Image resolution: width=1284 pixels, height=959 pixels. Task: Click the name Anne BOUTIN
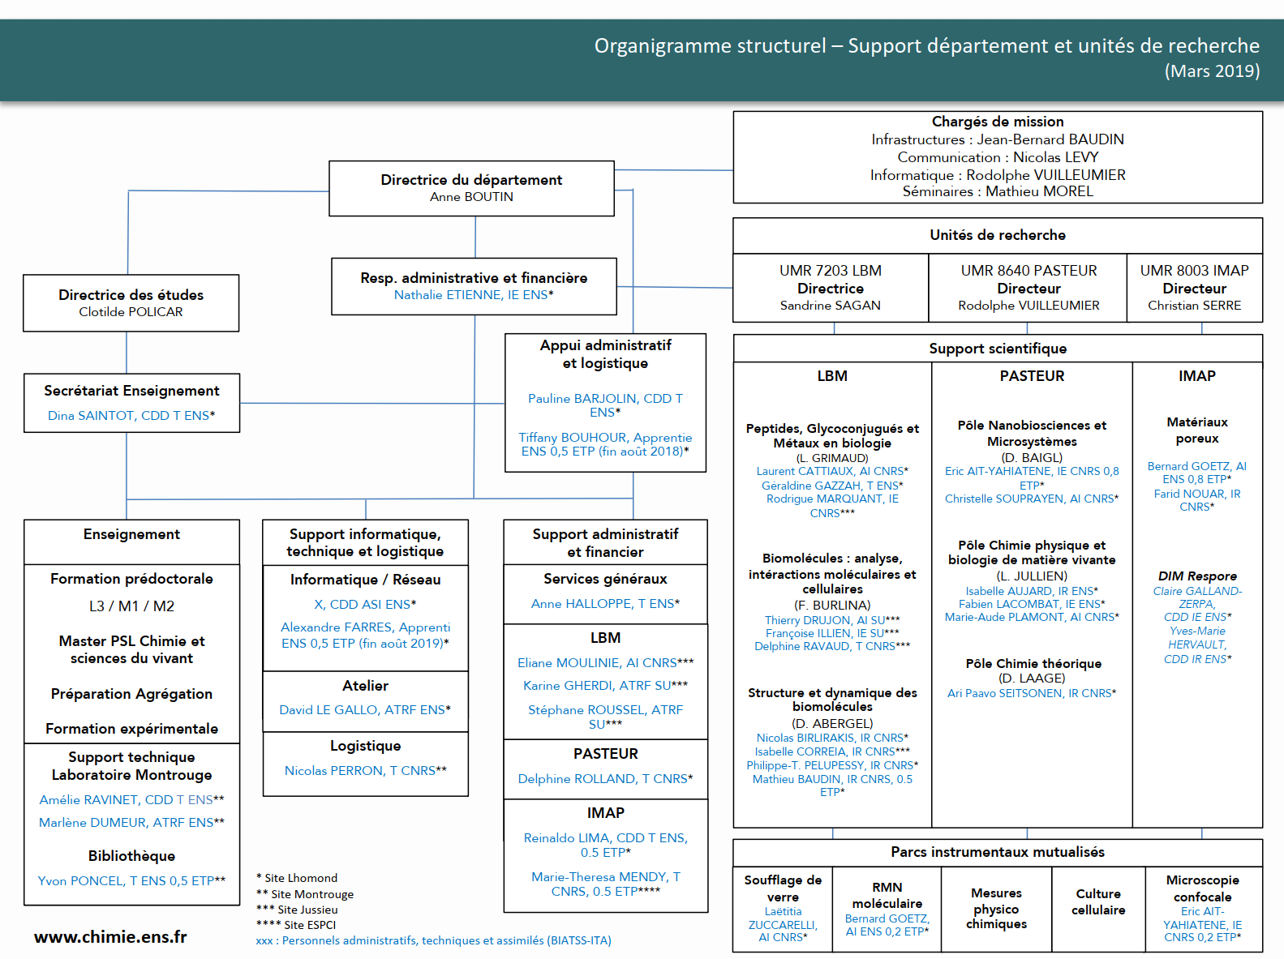tap(471, 197)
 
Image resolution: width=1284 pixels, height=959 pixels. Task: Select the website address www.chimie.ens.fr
tap(110, 937)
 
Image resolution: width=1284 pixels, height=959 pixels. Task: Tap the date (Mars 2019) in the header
tap(1212, 71)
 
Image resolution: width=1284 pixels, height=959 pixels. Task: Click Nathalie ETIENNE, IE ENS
tap(474, 295)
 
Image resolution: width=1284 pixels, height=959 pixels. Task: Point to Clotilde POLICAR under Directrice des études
tap(131, 312)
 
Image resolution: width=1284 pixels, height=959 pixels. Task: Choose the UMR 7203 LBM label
tap(830, 271)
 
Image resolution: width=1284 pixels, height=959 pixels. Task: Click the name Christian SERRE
tap(1194, 306)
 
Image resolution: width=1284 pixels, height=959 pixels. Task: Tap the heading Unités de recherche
tap(998, 235)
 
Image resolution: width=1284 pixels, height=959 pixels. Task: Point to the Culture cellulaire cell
tap(1098, 901)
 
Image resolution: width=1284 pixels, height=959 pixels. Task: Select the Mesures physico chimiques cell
tap(996, 909)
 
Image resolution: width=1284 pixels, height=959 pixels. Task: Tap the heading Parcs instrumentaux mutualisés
tap(998, 852)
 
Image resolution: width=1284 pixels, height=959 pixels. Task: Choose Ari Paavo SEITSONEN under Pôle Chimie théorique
tap(1004, 694)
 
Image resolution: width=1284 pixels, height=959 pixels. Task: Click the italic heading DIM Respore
tap(1197, 576)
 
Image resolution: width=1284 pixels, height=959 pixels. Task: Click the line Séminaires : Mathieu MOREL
tap(998, 191)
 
